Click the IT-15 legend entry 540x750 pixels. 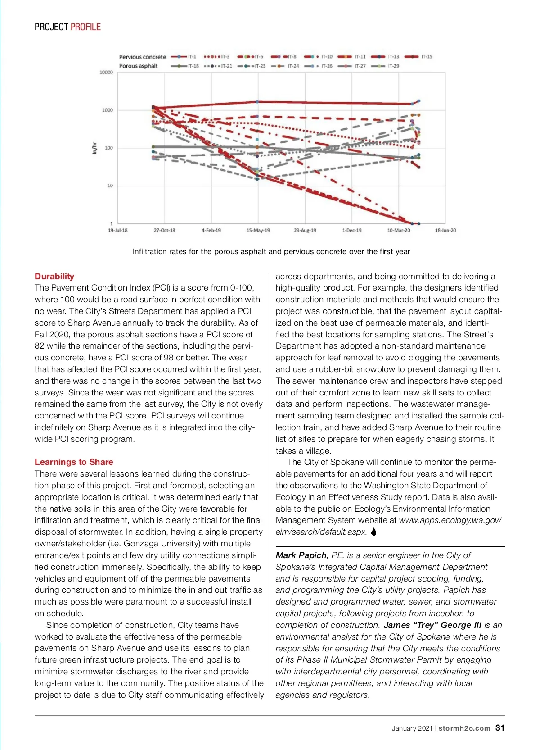(418, 57)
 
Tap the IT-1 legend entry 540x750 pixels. (184, 57)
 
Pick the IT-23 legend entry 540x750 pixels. (252, 66)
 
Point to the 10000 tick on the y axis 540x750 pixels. (106, 73)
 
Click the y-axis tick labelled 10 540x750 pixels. (110, 186)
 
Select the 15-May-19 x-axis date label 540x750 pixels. (258, 230)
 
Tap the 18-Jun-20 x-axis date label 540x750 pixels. (445, 230)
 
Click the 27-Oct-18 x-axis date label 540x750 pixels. (164, 230)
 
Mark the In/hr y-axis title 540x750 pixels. (94, 148)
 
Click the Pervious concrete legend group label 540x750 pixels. (142, 57)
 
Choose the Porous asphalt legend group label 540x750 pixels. (138, 66)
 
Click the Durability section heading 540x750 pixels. (54, 277)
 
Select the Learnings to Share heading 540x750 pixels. (74, 462)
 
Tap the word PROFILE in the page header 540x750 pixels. (85, 27)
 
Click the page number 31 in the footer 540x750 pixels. (500, 728)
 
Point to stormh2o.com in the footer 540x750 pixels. (464, 728)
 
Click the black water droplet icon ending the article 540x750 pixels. (374, 532)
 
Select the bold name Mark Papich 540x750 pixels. (301, 555)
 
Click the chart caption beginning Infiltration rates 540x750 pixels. (271, 251)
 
